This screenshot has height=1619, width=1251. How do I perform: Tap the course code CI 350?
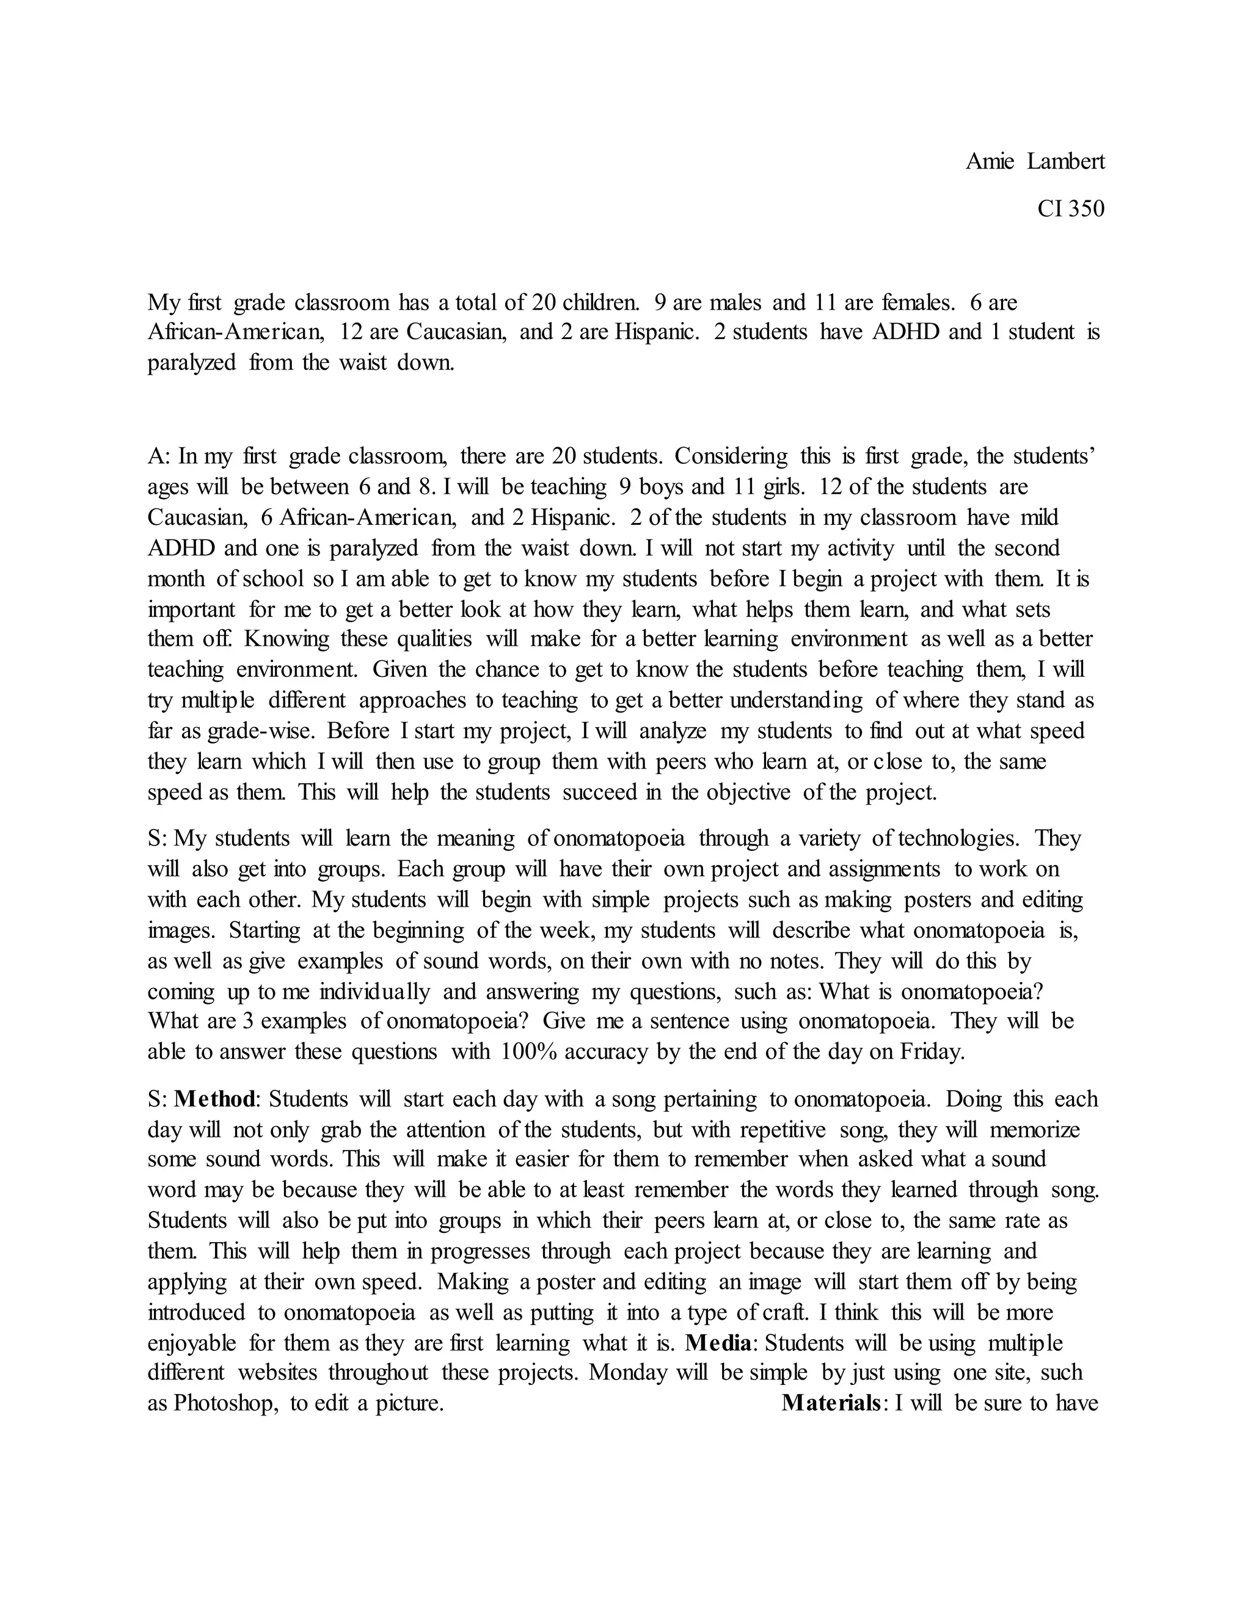tap(1071, 209)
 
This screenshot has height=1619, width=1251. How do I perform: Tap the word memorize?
tap(1035, 1130)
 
